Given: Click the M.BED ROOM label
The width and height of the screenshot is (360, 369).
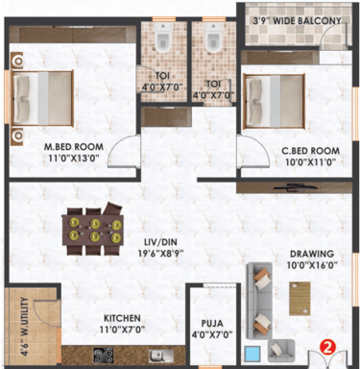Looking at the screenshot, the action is click(74, 147).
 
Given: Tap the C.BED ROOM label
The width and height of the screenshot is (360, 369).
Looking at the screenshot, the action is click(310, 151).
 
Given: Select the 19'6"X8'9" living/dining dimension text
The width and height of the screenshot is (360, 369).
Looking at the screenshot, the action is click(161, 254).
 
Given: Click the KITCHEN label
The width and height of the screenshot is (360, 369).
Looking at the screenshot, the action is click(122, 318).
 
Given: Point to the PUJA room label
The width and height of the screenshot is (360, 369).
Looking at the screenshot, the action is click(212, 323).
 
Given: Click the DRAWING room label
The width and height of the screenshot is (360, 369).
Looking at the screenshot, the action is click(312, 254).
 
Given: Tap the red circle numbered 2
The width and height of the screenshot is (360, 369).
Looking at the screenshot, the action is click(327, 348).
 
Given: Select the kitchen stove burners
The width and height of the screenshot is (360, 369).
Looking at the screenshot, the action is click(103, 356).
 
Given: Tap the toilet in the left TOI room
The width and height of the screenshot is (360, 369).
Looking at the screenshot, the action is click(163, 37).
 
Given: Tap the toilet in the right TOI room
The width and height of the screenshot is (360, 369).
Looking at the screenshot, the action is click(213, 37).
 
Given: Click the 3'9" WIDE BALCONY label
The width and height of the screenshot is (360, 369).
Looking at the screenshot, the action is click(297, 21).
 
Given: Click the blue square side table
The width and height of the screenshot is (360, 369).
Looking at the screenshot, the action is click(252, 354).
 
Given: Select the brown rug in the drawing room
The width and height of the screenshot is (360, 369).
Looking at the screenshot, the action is click(300, 299).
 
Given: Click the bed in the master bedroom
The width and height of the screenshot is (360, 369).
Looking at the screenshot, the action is click(42, 98).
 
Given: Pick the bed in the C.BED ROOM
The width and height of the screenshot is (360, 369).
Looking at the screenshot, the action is click(273, 101).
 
